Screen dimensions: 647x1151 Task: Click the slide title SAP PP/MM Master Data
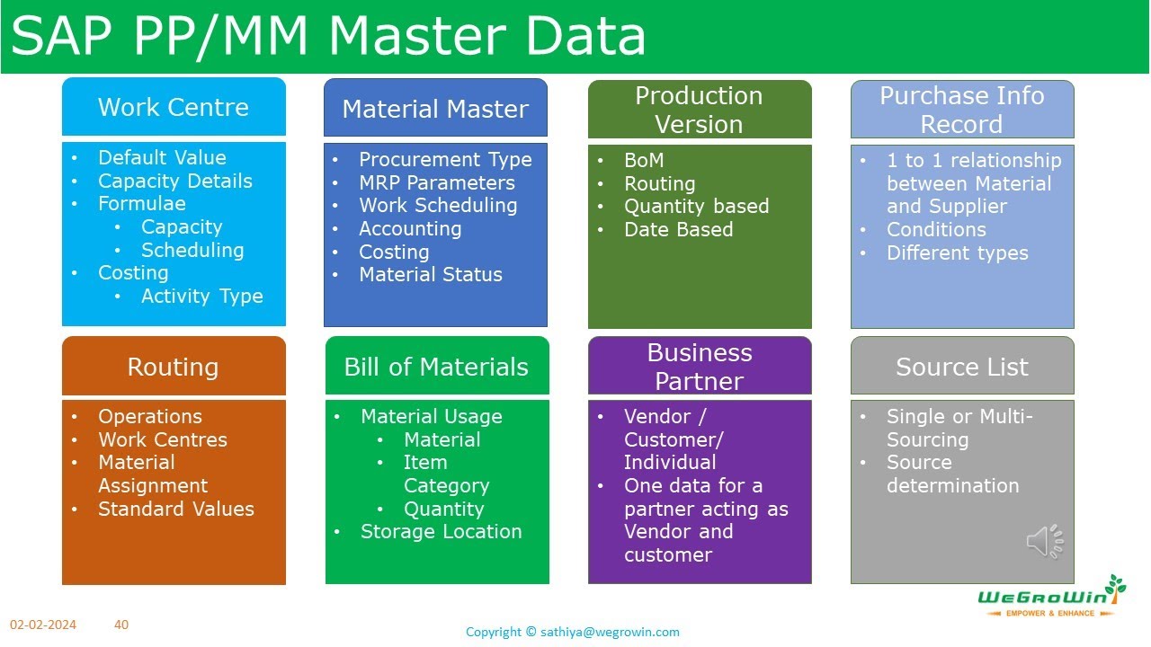tap(328, 36)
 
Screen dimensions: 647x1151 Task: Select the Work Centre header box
tap(174, 107)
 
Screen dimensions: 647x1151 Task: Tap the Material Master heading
tap(435, 109)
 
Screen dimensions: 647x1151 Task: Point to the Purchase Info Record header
tap(962, 110)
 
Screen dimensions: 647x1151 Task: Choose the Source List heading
tap(962, 367)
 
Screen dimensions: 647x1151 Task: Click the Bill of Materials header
tap(436, 367)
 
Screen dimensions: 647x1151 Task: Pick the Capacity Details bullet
tap(175, 181)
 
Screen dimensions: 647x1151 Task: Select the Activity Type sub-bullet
tap(202, 296)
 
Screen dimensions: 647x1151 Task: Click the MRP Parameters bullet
tap(437, 182)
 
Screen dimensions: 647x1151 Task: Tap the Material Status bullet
tap(431, 274)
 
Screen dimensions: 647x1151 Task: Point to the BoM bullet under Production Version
tap(644, 160)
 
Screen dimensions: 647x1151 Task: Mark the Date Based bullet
tap(679, 229)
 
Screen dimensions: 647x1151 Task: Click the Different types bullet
tap(958, 253)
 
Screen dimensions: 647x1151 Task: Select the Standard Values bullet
tap(176, 509)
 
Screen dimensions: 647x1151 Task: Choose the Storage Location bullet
tap(442, 531)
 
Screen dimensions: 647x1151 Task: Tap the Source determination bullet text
tap(953, 474)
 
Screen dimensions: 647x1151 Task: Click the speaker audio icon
tap(1045, 541)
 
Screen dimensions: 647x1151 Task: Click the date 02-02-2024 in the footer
tap(43, 625)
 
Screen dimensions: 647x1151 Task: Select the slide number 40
tap(121, 624)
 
